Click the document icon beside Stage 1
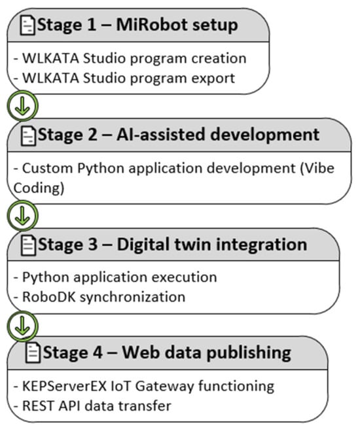pos(27,26)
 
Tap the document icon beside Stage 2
pos(28,136)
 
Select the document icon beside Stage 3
pos(28,245)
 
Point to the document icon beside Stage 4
pos(33,352)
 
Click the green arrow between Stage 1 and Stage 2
pos(22,106)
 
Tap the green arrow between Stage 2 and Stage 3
pos(22,216)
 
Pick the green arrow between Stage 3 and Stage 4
pos(22,326)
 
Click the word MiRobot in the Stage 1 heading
pos(152,25)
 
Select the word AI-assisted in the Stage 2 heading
pos(161,135)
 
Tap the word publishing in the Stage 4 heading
pos(249,352)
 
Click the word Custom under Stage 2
pos(47,168)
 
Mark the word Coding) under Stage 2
pos(39,188)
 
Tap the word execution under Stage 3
pos(184,277)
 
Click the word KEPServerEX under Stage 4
pos(64,386)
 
